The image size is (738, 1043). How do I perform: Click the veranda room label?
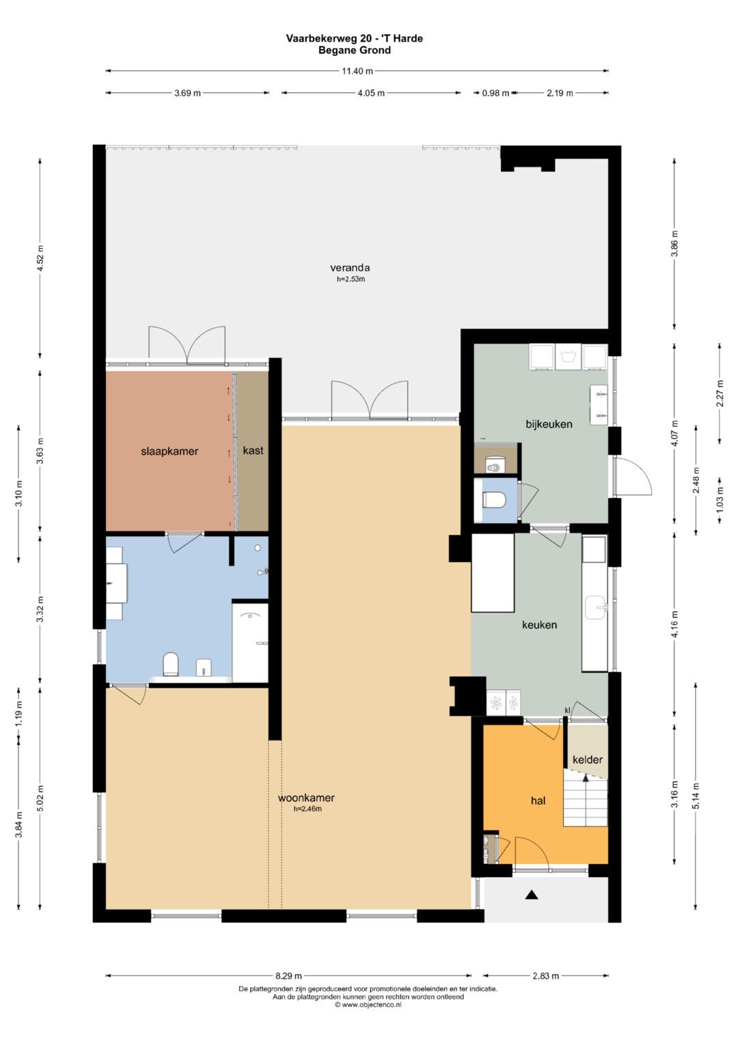[350, 268]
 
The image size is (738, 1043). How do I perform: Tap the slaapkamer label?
[169, 451]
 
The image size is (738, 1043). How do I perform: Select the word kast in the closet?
[253, 450]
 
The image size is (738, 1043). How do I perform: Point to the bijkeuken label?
[549, 424]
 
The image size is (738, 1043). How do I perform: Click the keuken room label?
[540, 625]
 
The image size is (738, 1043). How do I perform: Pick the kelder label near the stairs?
[588, 760]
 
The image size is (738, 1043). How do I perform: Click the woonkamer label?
[306, 798]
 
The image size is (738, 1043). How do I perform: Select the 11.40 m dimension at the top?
[357, 71]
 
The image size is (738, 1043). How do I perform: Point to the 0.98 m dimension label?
[495, 93]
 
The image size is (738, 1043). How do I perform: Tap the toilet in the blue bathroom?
[171, 663]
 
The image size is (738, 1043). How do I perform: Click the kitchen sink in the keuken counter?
[596, 607]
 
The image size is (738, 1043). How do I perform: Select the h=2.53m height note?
[351, 279]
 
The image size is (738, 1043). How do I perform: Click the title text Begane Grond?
[355, 51]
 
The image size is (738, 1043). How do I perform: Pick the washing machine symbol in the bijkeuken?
[568, 357]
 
